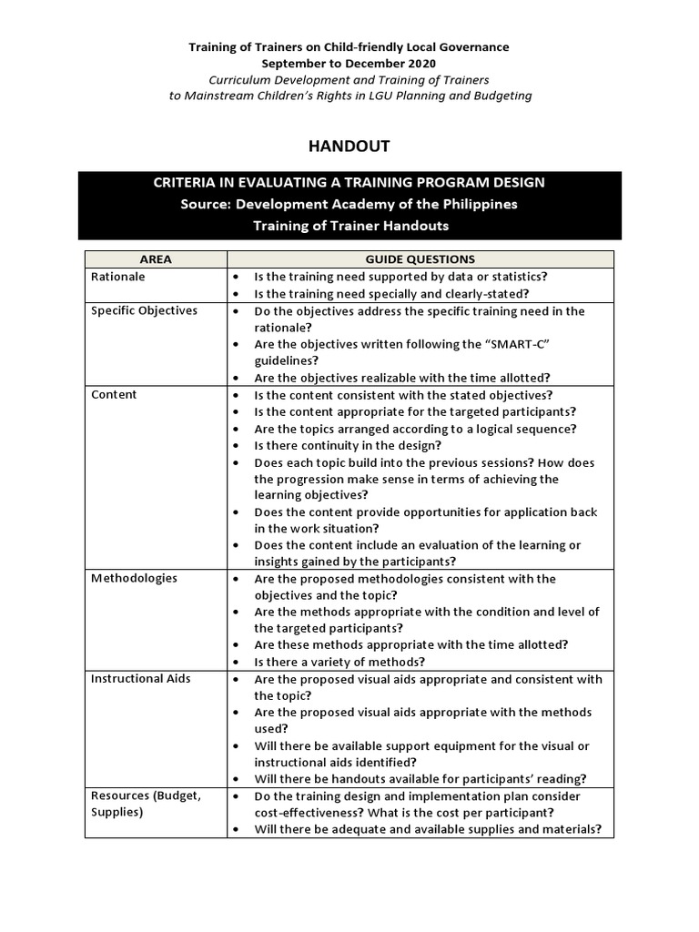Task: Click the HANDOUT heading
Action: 349,146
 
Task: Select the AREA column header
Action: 156,259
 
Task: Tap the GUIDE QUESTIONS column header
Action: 420,259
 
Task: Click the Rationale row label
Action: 117,277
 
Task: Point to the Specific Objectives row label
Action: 144,310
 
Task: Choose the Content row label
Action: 114,394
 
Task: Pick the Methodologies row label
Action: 134,578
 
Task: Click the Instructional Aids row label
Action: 140,679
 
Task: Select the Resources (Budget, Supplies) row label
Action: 145,804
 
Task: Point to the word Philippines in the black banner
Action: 475,204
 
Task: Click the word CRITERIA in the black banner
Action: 187,182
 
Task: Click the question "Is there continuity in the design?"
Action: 348,445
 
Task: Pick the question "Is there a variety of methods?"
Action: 339,662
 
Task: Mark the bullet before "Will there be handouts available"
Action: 237,779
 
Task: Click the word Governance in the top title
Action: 471,46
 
